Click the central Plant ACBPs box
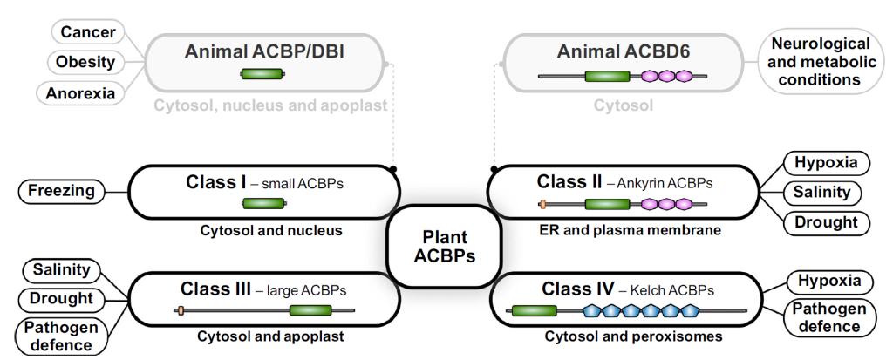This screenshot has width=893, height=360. point(444,247)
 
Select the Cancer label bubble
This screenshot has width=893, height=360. point(88,32)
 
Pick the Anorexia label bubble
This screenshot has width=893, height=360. point(79,92)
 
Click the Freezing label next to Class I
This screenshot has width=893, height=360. point(62,191)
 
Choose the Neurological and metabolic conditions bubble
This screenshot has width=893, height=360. point(820,61)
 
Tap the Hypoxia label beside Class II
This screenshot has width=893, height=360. point(828,163)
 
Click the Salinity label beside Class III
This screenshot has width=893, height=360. point(62,269)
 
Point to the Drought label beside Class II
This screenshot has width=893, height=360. point(828,222)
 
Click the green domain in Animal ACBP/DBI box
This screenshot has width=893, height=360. point(262,74)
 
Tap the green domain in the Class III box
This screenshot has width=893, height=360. point(310,310)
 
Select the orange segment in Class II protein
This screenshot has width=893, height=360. point(542,203)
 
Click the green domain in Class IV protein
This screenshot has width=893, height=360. point(534,310)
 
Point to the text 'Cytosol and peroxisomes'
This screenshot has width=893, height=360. point(633,336)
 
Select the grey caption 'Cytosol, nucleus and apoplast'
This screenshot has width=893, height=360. point(269,105)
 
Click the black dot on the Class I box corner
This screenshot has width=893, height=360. point(392,169)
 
